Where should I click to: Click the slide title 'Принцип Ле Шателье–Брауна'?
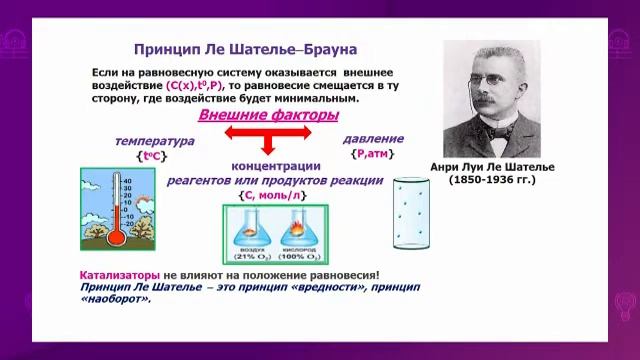[x=245, y=49]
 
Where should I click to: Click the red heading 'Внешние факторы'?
[x=267, y=116]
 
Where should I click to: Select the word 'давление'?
[x=373, y=138]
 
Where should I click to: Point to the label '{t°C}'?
[x=152, y=157]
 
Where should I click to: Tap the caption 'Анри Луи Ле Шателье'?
[x=491, y=167]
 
